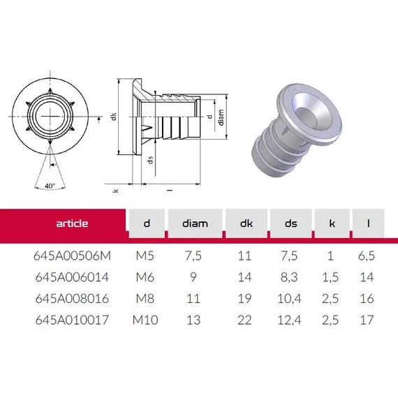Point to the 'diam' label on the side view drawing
pos(221,119)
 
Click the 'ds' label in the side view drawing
pos(150,160)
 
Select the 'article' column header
pos(72,223)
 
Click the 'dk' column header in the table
pos(244,223)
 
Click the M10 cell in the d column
pos(146,320)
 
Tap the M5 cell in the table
pos(146,256)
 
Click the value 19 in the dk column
pos(244,298)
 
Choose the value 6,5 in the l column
pos(367,256)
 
